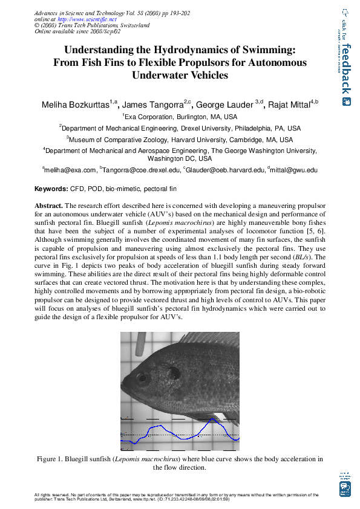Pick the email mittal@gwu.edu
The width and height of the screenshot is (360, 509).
click(x=293, y=171)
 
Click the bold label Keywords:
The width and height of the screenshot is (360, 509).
click(x=51, y=189)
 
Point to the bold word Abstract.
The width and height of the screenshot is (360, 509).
click(x=48, y=206)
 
